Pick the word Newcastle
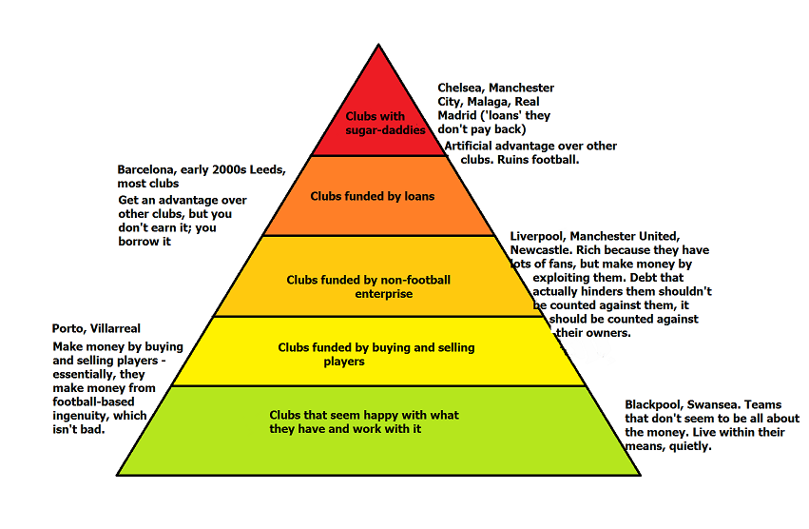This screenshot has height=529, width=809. pyautogui.click(x=541, y=250)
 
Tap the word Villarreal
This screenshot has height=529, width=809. pyautogui.click(x=125, y=329)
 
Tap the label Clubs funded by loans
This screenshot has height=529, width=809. pyautogui.click(x=373, y=197)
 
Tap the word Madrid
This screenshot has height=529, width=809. pyautogui.click(x=459, y=115)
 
